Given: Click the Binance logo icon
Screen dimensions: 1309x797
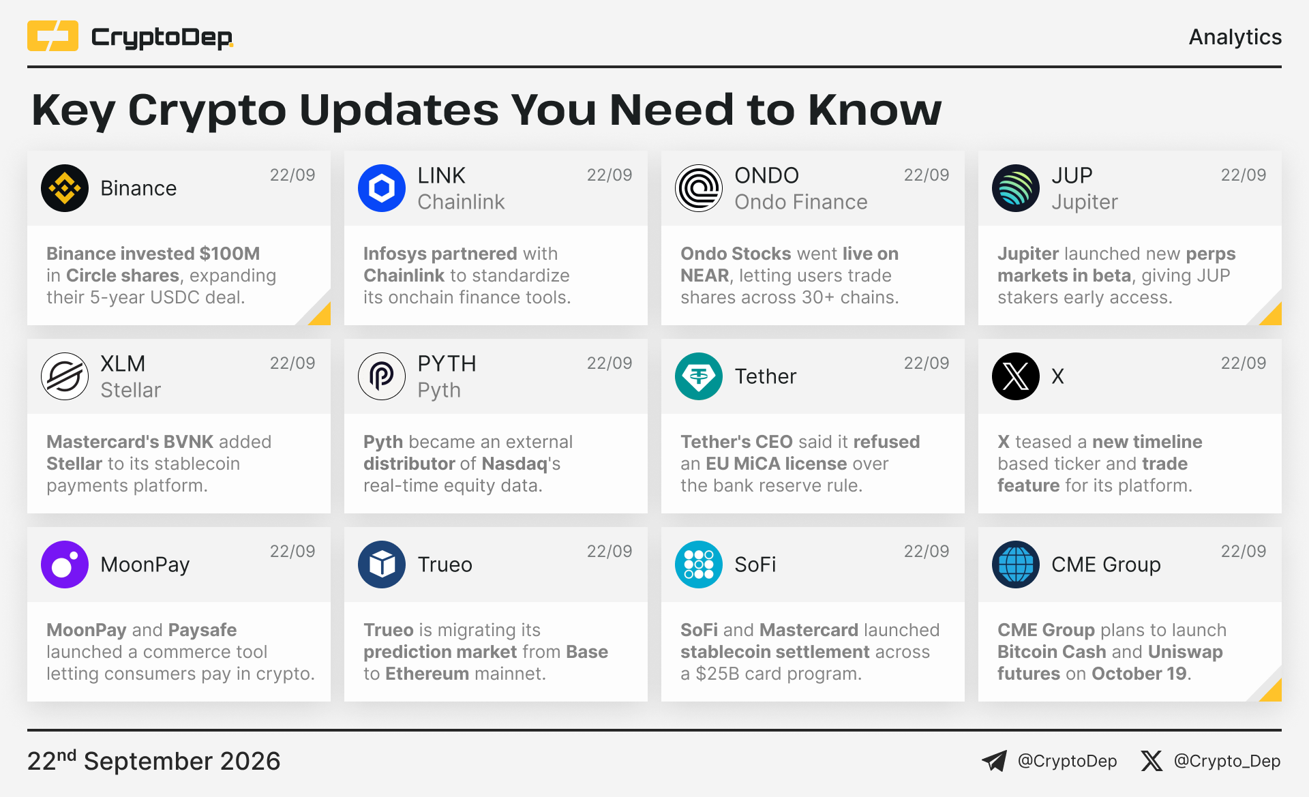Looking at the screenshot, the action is pyautogui.click(x=65, y=188).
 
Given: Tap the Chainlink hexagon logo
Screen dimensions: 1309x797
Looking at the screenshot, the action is pyautogui.click(x=382, y=188).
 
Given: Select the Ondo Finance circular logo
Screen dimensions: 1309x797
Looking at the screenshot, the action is pyautogui.click(x=699, y=188).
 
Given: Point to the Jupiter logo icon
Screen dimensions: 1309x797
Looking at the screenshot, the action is pyautogui.click(x=1016, y=188).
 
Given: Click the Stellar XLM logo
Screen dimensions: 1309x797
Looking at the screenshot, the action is pyautogui.click(x=65, y=376).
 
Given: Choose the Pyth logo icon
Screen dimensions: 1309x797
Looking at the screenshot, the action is pyautogui.click(x=382, y=376).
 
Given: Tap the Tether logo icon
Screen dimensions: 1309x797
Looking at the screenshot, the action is pyautogui.click(x=699, y=376).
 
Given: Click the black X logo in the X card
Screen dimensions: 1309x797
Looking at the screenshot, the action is pyautogui.click(x=1016, y=376).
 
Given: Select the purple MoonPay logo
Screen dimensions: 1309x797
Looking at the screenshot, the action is pyautogui.click(x=65, y=565).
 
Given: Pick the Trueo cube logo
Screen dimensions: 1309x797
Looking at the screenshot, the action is pyautogui.click(x=382, y=565).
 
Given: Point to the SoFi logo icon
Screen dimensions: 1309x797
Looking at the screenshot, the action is pyautogui.click(x=699, y=565).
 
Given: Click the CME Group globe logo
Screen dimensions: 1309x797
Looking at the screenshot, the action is pyautogui.click(x=1016, y=565).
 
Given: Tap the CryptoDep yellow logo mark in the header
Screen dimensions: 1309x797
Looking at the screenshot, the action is pyautogui.click(x=52, y=36).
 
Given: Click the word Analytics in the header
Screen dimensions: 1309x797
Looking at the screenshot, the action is pyautogui.click(x=1235, y=37).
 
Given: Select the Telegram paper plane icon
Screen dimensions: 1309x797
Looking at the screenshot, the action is pyautogui.click(x=994, y=761).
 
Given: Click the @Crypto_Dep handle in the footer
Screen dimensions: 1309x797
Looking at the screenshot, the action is pyautogui.click(x=1227, y=761).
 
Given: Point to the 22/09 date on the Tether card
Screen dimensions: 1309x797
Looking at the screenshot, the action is pyautogui.click(x=927, y=363).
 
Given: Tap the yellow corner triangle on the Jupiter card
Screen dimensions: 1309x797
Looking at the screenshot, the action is pyautogui.click(x=1272, y=314).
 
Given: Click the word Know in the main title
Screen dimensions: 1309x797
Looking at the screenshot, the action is pyautogui.click(x=875, y=110).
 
